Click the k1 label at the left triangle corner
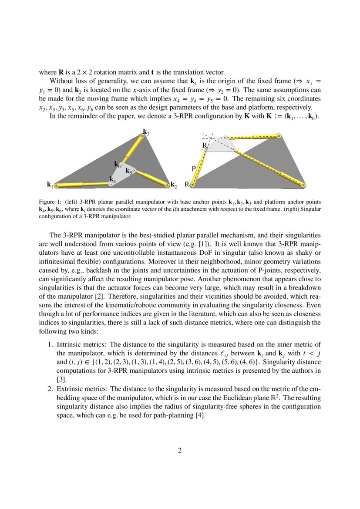coord(50,185)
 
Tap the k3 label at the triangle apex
coord(147,132)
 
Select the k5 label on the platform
coord(129,171)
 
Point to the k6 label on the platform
coord(118,165)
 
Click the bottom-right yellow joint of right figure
coord(303,185)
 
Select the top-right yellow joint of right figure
coord(279,136)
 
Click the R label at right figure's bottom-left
coord(187,184)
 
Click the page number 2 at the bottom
coord(180,450)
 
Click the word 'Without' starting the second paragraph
coord(61,81)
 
